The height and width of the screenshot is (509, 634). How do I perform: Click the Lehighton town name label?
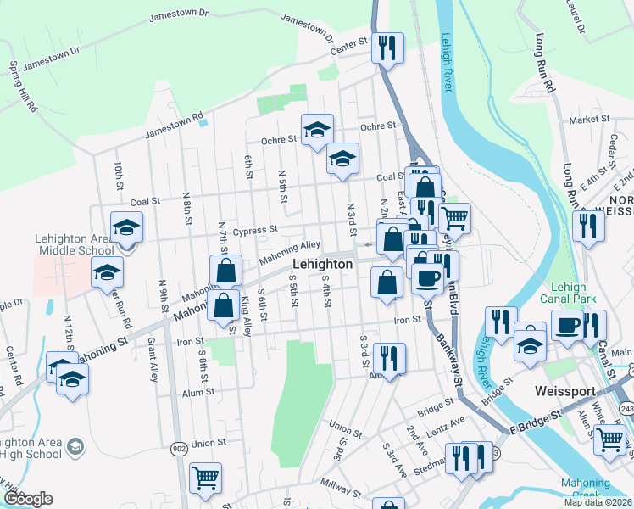[324, 265]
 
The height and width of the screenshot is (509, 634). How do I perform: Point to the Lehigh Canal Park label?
[574, 293]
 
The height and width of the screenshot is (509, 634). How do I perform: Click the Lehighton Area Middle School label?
[74, 244]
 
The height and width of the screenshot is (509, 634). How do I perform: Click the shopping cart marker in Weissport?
[609, 439]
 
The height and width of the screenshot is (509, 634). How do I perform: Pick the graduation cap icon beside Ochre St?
[318, 129]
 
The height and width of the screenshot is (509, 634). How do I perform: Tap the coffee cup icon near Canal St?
[567, 325]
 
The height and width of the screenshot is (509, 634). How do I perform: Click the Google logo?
[28, 499]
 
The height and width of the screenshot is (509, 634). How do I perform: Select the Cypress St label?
[255, 230]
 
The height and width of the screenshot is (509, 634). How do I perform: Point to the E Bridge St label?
[537, 422]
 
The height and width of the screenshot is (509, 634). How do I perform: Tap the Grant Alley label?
[153, 358]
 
